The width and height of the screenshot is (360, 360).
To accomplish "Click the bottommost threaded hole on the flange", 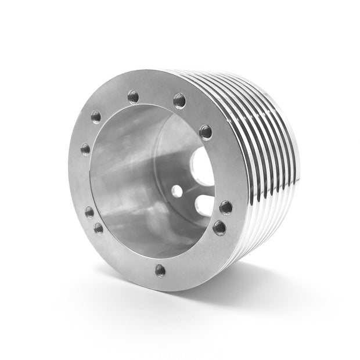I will [160, 270].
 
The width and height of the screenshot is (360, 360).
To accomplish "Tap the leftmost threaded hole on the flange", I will [85, 149].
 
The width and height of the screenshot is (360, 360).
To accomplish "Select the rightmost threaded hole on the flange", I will [226, 207].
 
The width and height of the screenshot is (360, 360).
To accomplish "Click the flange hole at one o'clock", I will [179, 101].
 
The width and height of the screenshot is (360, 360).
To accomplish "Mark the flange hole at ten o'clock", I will [96, 117].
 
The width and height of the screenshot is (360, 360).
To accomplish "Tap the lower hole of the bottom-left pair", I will [99, 228].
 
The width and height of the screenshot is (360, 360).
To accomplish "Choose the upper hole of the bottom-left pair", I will [89, 211].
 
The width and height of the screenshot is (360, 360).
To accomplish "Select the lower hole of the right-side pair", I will [219, 227].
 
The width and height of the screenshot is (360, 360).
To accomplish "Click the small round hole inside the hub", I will [177, 190].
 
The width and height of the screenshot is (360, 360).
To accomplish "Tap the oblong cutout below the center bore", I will [204, 205].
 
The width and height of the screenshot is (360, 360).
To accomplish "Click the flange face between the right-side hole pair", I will [224, 217].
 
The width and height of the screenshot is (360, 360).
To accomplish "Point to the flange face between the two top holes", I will [157, 95].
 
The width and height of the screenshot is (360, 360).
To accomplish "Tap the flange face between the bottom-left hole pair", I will [93, 220].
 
